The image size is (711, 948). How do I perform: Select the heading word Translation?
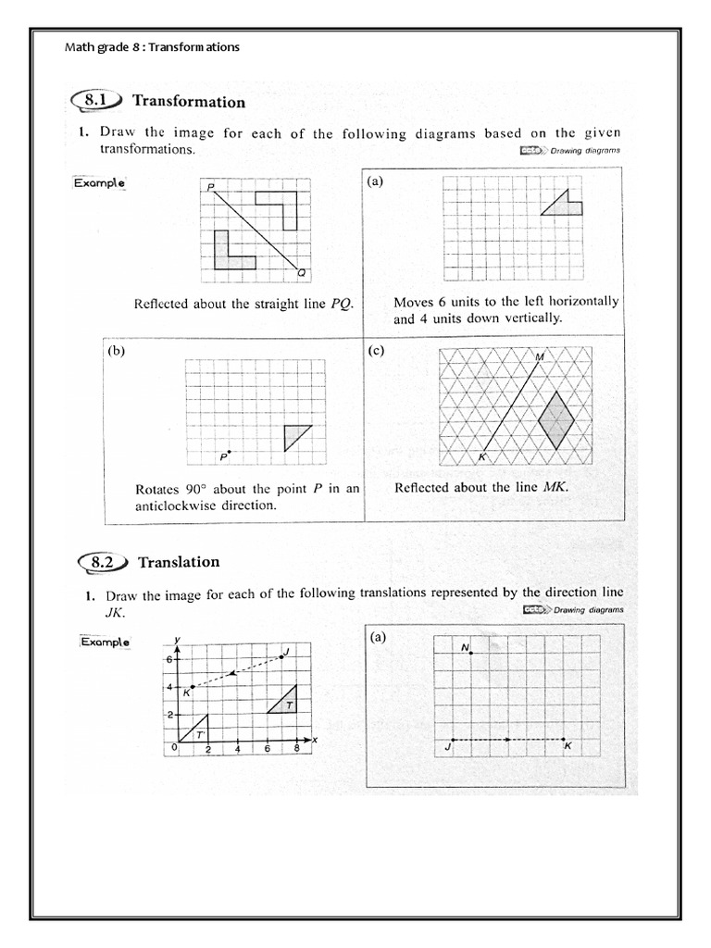click(179, 562)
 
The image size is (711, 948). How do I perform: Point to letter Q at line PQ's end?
click(302, 272)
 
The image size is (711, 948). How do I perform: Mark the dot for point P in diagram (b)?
click(229, 452)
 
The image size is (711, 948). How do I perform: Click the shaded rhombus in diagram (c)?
click(555, 420)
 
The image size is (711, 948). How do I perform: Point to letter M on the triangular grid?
click(540, 356)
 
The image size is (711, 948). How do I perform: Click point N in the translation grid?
click(471, 654)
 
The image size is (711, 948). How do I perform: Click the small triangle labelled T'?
click(197, 731)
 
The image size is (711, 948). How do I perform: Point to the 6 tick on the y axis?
click(169, 659)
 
